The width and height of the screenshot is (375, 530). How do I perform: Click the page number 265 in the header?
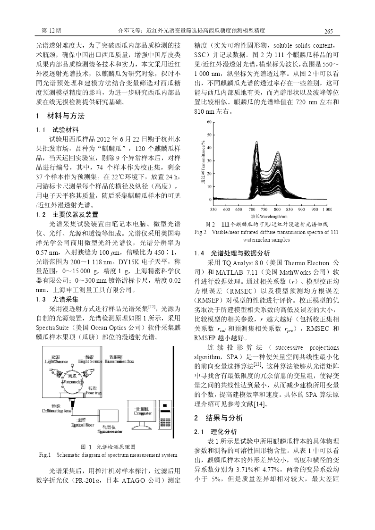pos(329,31)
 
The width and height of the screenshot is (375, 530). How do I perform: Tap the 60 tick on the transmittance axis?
pos(209,122)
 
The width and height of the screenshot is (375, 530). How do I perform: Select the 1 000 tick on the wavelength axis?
pos(326,209)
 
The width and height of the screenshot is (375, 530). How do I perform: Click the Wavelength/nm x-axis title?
pos(266,216)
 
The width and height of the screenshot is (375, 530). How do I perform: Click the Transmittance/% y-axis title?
pos(202,161)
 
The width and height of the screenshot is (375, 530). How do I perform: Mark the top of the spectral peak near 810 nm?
pos(277,151)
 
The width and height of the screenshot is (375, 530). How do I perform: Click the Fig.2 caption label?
pos(201,232)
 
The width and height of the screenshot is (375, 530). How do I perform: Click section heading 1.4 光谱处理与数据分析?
pos(232,253)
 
